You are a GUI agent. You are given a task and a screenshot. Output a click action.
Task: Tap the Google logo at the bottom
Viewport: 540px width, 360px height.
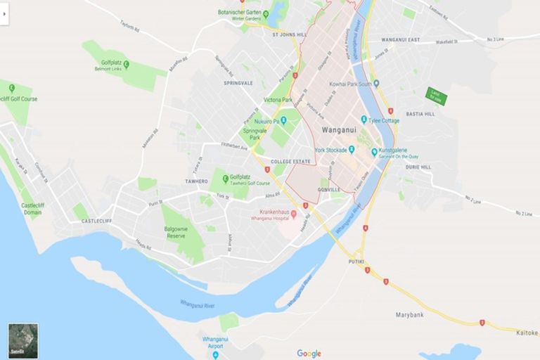pos(309,354)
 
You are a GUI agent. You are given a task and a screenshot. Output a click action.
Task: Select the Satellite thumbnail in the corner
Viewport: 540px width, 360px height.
pos(23,341)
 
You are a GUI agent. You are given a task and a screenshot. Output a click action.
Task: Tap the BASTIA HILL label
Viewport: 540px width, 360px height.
pos(420,114)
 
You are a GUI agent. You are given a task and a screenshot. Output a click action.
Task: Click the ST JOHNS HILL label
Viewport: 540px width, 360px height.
pos(290,34)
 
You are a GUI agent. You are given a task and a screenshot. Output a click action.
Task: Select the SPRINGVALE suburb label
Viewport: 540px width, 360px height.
pos(238,83)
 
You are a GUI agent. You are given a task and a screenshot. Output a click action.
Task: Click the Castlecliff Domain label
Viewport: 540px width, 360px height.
pos(32,208)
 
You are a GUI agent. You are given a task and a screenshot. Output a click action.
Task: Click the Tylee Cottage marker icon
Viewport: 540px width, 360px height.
pos(364,120)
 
